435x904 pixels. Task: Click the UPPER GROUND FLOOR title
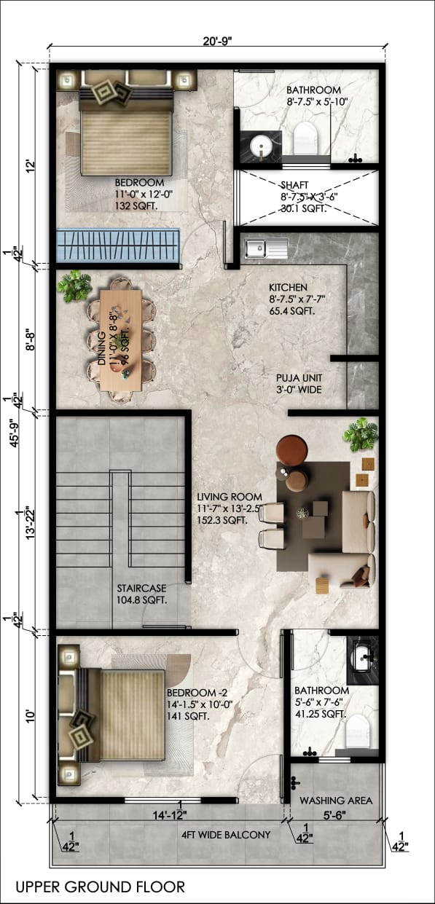click(100, 887)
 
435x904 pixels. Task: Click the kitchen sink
click(257, 249)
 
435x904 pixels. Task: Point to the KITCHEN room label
click(288, 288)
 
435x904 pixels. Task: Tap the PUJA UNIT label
click(299, 378)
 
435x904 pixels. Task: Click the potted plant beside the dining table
click(74, 286)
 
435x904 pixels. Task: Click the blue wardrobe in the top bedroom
click(118, 245)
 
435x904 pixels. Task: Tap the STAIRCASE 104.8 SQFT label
click(141, 594)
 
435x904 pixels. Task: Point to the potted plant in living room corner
click(361, 434)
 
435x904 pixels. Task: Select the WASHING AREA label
click(336, 800)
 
